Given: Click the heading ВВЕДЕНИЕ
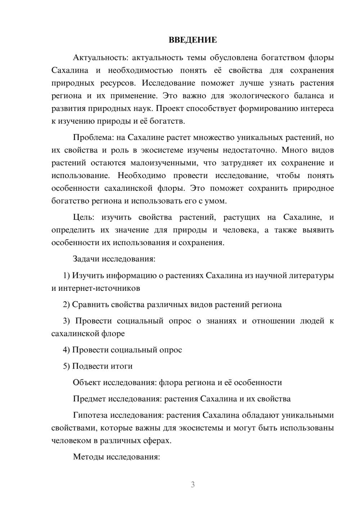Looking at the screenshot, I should (193, 40).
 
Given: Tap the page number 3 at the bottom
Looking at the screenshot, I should (193, 485).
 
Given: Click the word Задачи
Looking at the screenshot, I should (86, 259).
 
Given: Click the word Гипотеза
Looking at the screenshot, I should (90, 415).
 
